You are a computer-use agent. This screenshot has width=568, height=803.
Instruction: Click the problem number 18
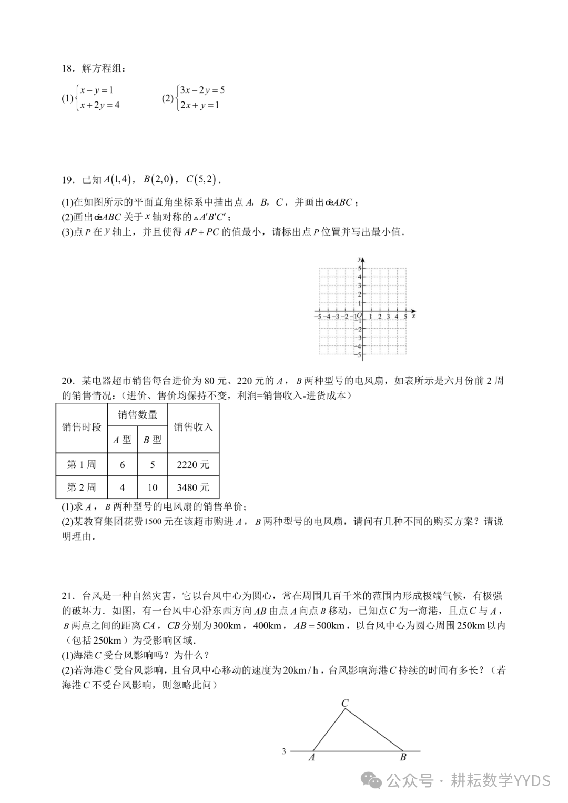(67, 69)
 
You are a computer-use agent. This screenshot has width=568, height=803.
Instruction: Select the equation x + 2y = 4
(100, 105)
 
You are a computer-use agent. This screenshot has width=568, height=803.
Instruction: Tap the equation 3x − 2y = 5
(202, 90)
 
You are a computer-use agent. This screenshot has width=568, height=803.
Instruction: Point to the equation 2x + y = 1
(199, 105)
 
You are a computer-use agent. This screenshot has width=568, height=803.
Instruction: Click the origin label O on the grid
(359, 316)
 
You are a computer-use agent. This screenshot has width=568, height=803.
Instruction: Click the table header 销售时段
(82, 427)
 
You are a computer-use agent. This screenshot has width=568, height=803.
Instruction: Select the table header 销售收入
(193, 427)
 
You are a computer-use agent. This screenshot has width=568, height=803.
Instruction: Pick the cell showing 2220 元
(193, 465)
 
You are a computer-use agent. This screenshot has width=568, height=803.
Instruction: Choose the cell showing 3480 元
(193, 487)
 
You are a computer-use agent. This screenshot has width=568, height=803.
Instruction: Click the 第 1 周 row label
(82, 465)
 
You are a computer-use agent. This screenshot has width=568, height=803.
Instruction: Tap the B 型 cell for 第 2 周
(153, 487)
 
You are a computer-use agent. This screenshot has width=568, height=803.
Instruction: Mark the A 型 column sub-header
(122, 440)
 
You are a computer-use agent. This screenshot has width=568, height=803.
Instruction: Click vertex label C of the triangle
(345, 703)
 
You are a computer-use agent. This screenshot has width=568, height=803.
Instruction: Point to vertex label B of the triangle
(403, 757)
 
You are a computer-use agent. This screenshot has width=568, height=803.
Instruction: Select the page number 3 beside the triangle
(284, 751)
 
